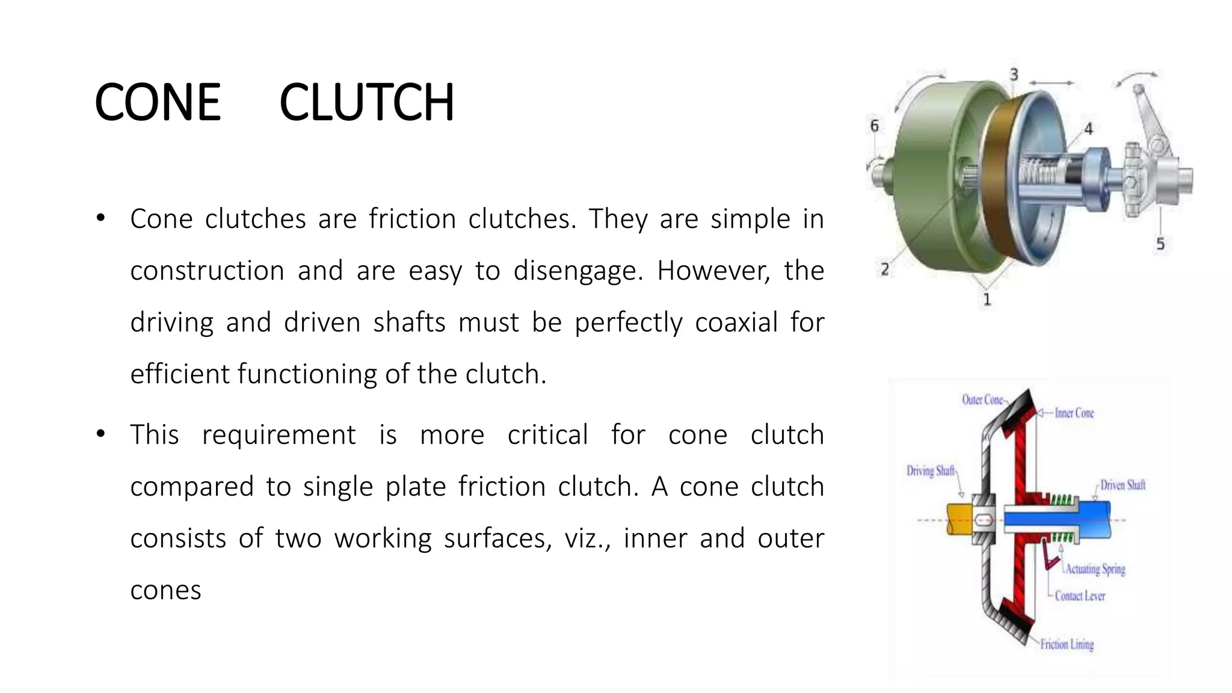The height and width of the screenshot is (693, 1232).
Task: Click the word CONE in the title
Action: (158, 102)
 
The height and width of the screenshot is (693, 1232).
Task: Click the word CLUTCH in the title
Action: (366, 102)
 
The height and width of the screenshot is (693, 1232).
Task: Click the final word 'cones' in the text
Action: (165, 590)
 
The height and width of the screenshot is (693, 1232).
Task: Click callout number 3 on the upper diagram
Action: (1014, 75)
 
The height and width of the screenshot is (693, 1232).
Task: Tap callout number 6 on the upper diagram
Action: (875, 126)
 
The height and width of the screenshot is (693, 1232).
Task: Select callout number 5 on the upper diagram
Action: (1160, 244)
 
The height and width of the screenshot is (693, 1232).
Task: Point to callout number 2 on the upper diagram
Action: (885, 269)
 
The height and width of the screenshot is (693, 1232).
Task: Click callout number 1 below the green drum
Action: (987, 299)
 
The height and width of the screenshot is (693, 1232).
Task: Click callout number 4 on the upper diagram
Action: (1088, 128)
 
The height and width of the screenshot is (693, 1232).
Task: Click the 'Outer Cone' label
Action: (983, 400)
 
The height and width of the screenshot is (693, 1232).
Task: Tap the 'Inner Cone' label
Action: (1074, 413)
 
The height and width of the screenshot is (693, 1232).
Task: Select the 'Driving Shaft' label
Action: (931, 471)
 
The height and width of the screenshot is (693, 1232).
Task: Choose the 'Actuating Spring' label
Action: (1095, 569)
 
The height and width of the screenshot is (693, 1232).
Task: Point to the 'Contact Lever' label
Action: (1080, 596)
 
